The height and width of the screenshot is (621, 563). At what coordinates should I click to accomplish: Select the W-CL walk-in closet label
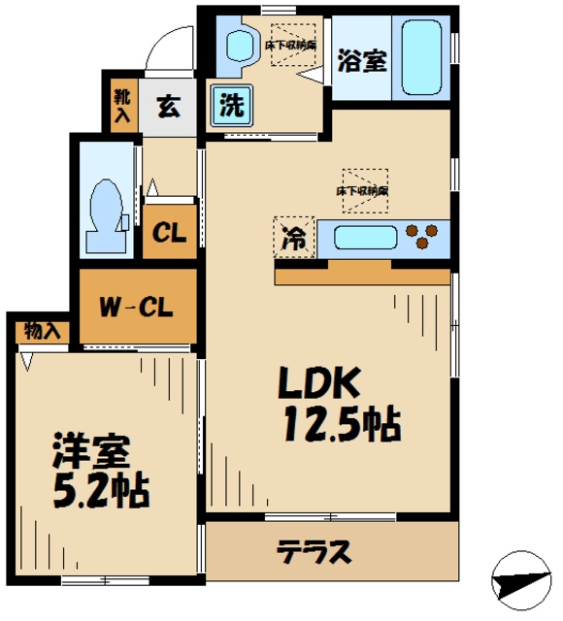coord(137,310)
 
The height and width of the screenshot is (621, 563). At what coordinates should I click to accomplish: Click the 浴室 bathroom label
coord(361,61)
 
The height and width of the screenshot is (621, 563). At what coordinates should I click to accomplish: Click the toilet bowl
coord(103,205)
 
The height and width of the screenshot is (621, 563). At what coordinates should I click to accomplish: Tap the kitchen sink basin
coord(363,236)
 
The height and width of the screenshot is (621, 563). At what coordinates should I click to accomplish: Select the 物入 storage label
coord(42,330)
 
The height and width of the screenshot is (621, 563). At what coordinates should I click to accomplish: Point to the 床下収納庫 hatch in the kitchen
coord(363,185)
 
